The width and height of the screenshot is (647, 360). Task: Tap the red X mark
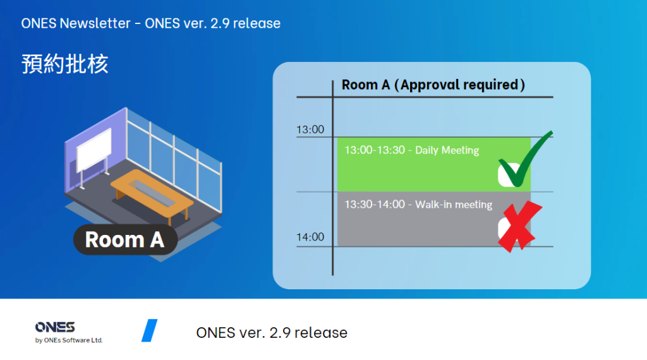pos(521,226)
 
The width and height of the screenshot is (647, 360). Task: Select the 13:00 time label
pos(310,129)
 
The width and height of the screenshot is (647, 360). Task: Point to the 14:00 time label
pos(310,237)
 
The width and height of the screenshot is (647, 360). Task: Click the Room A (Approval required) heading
pos(433,85)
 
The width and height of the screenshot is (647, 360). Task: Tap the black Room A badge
pos(126,239)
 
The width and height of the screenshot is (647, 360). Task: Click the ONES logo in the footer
pos(55,327)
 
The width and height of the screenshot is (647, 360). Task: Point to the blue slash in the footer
pos(149,330)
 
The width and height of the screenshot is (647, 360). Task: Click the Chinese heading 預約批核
pos(65,64)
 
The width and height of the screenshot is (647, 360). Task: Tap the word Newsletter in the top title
pos(95,23)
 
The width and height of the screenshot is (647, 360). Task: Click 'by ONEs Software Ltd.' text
pos(69,340)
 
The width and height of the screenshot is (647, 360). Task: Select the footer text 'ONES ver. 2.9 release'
pos(272,332)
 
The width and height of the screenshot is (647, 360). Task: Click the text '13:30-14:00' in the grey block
pos(375,205)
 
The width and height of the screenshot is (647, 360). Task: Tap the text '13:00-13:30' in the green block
pos(375,150)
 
